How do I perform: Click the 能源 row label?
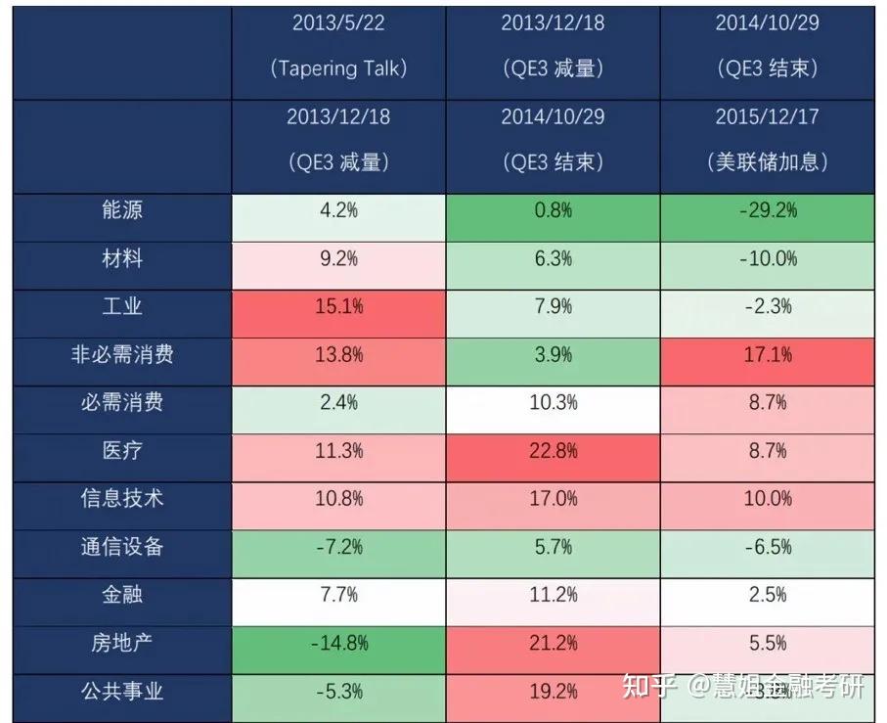(x=122, y=210)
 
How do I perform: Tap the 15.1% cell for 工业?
(x=338, y=306)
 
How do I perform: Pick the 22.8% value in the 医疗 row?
(x=553, y=450)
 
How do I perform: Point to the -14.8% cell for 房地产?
(x=338, y=643)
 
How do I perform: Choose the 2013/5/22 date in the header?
(x=338, y=23)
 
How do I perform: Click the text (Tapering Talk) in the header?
(x=338, y=68)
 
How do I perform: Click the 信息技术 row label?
(x=122, y=498)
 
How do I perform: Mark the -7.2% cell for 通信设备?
(x=338, y=546)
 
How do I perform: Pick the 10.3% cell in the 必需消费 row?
(x=553, y=402)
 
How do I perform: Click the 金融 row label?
(x=122, y=594)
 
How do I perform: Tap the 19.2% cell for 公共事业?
(x=553, y=691)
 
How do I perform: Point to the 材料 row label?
(x=122, y=258)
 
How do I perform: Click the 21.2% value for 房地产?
(x=553, y=643)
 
